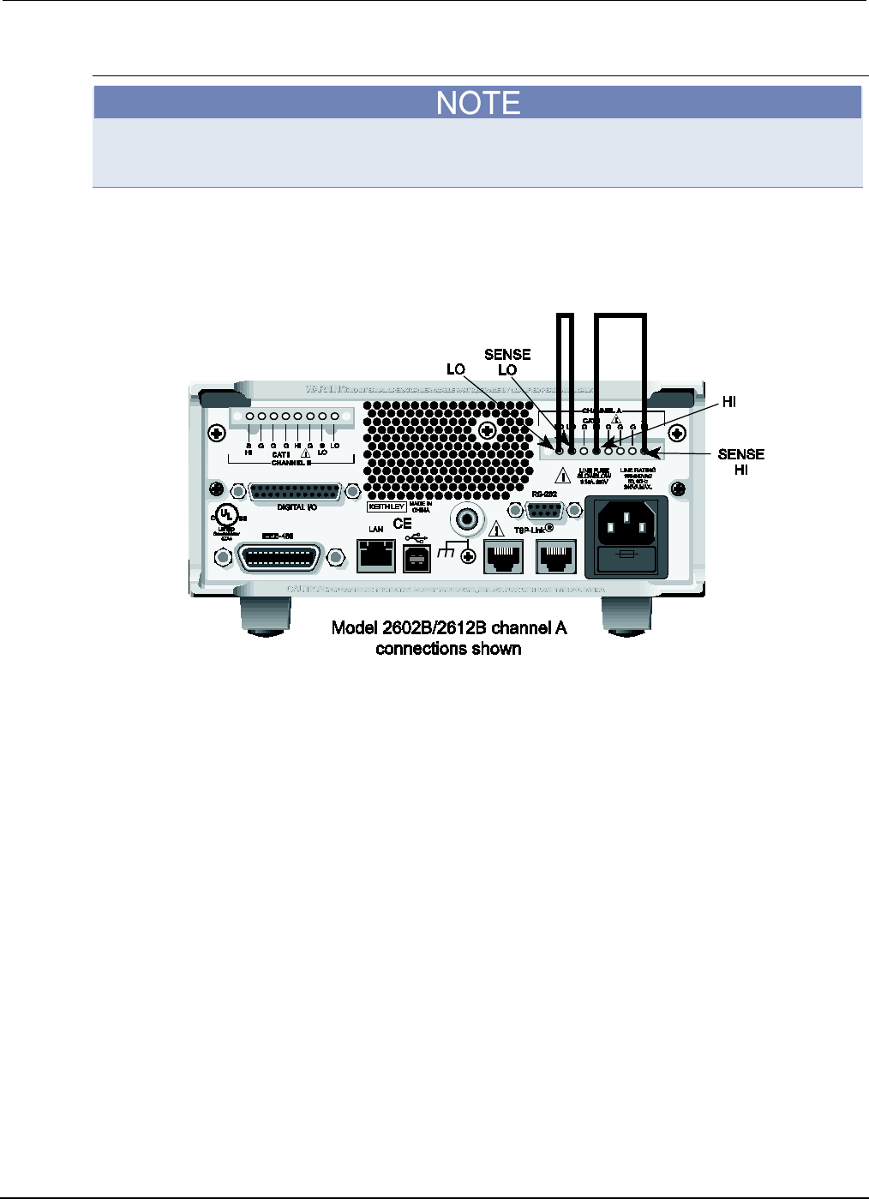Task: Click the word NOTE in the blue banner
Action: point(478,103)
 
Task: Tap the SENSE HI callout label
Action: point(740,462)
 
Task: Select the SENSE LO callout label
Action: point(507,362)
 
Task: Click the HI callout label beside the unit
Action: point(728,401)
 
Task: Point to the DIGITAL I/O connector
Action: point(295,493)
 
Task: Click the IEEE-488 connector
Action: point(279,559)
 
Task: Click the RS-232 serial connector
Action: point(543,511)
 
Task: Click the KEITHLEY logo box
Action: point(386,507)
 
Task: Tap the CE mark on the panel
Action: point(402,524)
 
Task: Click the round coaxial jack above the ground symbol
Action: point(467,519)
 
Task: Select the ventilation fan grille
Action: point(429,446)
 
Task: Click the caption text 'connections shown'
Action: point(448,649)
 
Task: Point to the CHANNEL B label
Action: point(291,463)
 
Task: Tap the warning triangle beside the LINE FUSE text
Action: point(563,474)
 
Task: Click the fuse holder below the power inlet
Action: point(626,557)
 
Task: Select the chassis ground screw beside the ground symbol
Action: point(468,557)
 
